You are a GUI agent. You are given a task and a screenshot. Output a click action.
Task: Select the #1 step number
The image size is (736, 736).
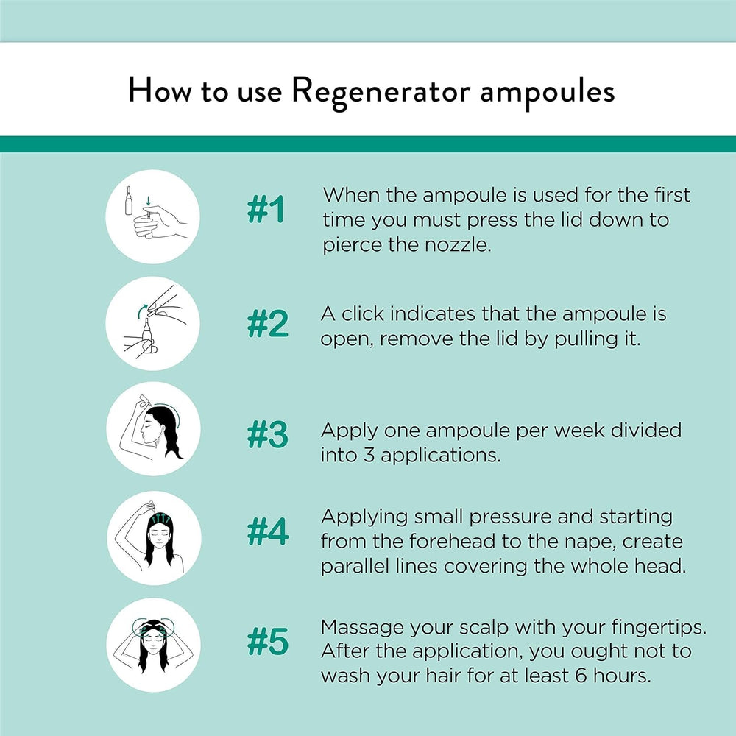(265, 211)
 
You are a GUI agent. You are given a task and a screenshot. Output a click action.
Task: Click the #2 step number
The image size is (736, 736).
(267, 325)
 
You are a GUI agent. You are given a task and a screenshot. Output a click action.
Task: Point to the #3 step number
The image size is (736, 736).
(267, 436)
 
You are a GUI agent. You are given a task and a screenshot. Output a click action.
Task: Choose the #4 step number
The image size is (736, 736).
(267, 532)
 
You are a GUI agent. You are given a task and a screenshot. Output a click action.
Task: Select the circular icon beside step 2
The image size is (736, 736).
(152, 324)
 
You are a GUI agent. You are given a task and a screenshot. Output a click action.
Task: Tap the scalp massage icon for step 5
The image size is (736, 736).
(152, 645)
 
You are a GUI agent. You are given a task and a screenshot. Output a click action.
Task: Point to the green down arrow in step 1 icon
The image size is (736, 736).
(148, 201)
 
